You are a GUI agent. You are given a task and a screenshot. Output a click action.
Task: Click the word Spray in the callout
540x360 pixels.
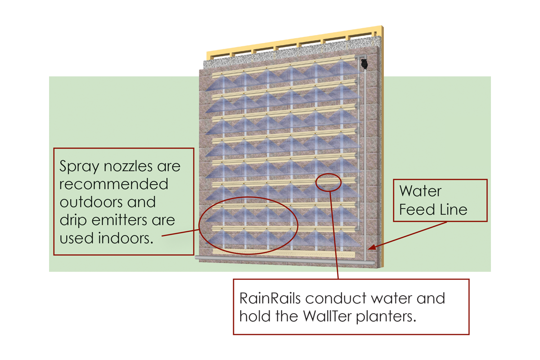(79, 166)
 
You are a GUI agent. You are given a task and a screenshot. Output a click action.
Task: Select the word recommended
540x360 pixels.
(113, 184)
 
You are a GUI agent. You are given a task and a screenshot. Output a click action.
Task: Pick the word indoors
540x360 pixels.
(126, 238)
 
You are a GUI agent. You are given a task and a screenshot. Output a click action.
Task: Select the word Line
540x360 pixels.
(454, 209)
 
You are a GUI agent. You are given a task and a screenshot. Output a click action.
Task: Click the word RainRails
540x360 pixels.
(270, 298)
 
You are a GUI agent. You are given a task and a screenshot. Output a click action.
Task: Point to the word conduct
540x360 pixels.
(336, 298)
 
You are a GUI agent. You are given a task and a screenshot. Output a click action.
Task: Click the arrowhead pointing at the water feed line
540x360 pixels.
(373, 247)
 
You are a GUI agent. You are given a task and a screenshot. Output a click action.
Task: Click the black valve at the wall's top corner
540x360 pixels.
(364, 63)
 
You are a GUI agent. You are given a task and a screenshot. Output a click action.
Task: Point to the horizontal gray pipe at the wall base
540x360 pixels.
(284, 260)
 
